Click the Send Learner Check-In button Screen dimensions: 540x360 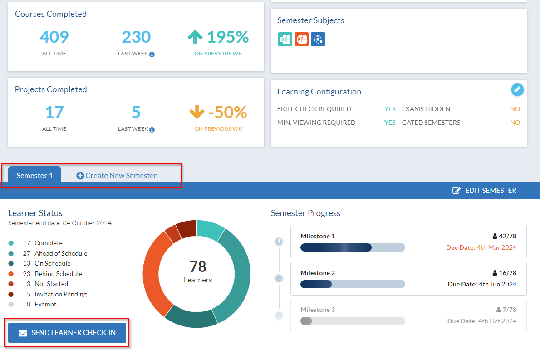pyautogui.click(x=67, y=333)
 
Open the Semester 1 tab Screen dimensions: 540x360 pyautogui.click(x=35, y=175)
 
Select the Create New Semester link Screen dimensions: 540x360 pyautogui.click(x=117, y=176)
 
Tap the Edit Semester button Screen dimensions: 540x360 pyautogui.click(x=484, y=191)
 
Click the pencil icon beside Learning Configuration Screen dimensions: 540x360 pyautogui.click(x=517, y=89)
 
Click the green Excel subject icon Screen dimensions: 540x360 pyautogui.click(x=285, y=39)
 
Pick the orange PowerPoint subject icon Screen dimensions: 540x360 pyautogui.click(x=301, y=39)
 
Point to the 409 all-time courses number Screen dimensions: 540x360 pyautogui.click(x=54, y=37)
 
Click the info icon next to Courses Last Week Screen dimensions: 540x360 pyautogui.click(x=152, y=54)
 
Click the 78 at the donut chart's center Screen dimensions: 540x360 pyautogui.click(x=198, y=266)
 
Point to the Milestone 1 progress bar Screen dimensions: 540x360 pyautogui.click(x=353, y=247)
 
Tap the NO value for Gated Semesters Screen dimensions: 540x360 pyautogui.click(x=515, y=123)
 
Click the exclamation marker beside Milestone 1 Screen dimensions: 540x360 pyautogui.click(x=279, y=242)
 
